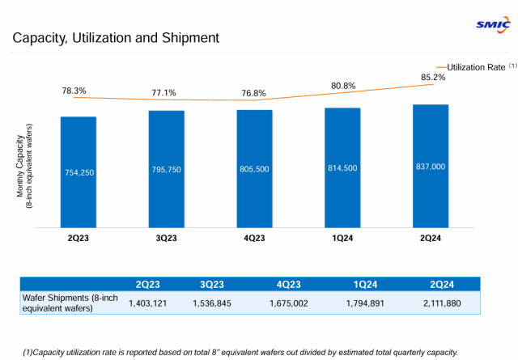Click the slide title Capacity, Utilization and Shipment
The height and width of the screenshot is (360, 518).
116,37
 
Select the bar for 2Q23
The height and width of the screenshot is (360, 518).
79,172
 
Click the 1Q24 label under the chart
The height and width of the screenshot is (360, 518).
342,239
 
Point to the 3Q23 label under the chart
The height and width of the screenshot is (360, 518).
166,239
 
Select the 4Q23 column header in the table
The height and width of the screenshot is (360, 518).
289,284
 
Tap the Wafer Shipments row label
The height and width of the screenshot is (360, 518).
70,303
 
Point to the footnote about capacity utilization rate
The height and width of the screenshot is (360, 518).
240,351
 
